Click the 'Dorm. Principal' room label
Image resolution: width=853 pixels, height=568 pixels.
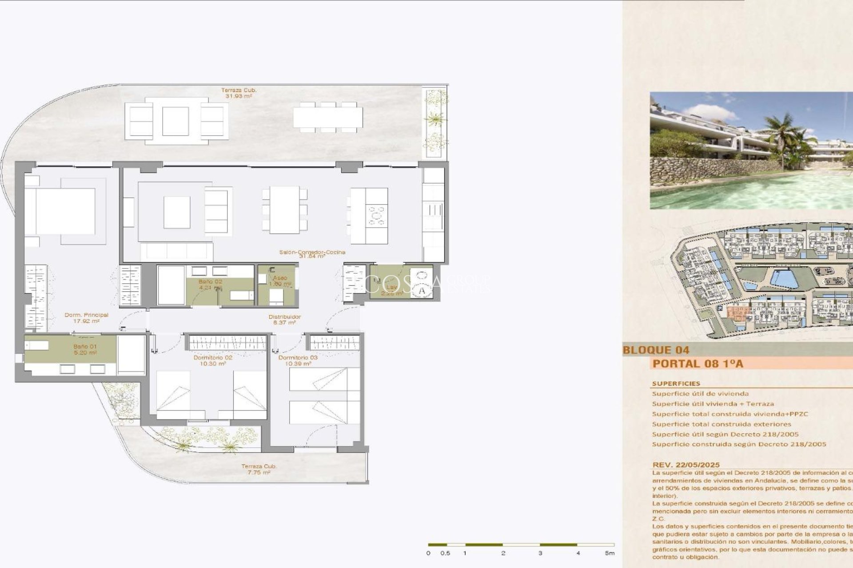tap(86, 315)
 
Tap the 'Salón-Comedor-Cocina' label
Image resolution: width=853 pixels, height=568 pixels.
tap(312, 252)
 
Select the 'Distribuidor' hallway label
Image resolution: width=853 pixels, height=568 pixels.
tap(284, 317)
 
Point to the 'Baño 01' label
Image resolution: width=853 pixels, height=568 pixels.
tap(85, 347)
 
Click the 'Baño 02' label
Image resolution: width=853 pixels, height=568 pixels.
tap(210, 281)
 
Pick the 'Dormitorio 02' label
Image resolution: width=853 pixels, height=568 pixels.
tap(213, 358)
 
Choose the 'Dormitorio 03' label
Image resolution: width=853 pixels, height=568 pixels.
tap(298, 358)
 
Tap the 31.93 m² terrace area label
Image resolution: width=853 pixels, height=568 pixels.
tap(239, 96)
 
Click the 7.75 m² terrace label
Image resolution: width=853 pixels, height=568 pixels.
tap(259, 473)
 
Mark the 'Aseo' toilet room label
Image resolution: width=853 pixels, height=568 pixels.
tap(280, 278)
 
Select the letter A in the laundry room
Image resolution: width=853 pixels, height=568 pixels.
tap(422, 291)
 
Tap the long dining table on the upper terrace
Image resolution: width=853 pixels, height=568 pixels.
tap(327, 118)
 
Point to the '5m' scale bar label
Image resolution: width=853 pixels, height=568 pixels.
tap(609, 553)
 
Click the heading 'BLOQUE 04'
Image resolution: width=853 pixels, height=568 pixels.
tap(656, 350)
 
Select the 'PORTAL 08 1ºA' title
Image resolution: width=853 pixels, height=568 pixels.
tap(698, 364)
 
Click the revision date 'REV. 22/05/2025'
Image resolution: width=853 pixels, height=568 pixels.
tap(686, 465)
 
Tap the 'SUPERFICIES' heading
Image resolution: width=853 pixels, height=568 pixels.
tap(676, 383)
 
